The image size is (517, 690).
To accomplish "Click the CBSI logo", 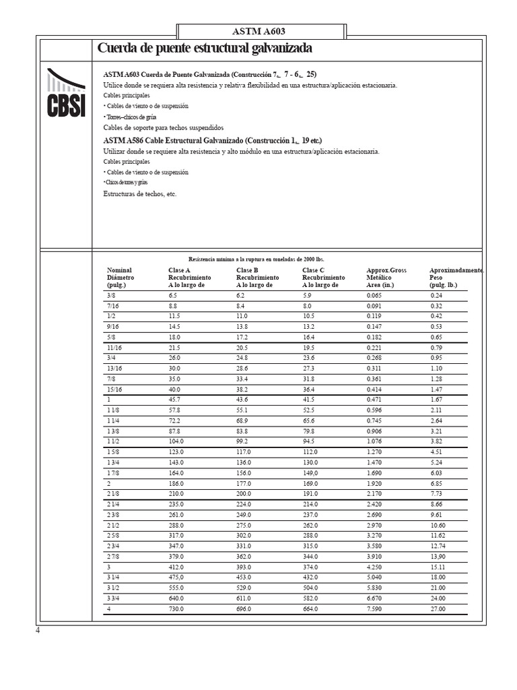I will tap(65, 93).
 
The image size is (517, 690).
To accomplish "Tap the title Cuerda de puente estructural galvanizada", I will tap(205, 49).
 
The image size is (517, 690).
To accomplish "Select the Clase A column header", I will tap(189, 277).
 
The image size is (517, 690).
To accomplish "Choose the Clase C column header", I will tap(323, 277).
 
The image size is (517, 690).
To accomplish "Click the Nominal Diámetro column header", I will tap(120, 277).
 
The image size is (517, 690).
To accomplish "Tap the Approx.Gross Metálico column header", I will tap(386, 277).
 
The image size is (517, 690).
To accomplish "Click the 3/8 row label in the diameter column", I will tap(111, 295).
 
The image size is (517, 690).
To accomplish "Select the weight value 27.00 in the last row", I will tap(438, 609).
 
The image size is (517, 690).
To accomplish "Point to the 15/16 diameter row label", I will tap(114, 389).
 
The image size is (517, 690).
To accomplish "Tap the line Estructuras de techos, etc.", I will tap(139, 193).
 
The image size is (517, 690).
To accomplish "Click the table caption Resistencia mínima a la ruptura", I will tap(256, 259).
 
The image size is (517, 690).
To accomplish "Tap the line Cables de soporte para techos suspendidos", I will tap(163, 127).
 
